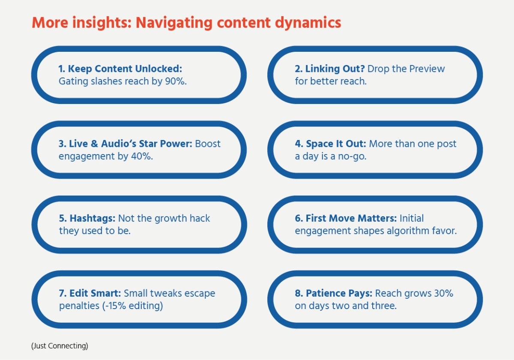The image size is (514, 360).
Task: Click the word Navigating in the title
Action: coord(174,23)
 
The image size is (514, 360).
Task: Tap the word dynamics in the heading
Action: coord(308,23)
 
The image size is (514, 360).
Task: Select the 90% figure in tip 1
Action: coord(176,81)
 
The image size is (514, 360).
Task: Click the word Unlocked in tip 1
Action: coord(158,68)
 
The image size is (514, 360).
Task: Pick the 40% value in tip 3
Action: coord(142,156)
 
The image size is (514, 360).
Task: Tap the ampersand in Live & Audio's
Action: coord(94,144)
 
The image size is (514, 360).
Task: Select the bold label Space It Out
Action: coord(336,144)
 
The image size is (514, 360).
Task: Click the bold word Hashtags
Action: coord(92,218)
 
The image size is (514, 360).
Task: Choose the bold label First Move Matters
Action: coord(351,218)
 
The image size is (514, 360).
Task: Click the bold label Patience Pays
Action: coord(339,294)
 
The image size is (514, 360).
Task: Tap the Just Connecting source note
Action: coord(60,346)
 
